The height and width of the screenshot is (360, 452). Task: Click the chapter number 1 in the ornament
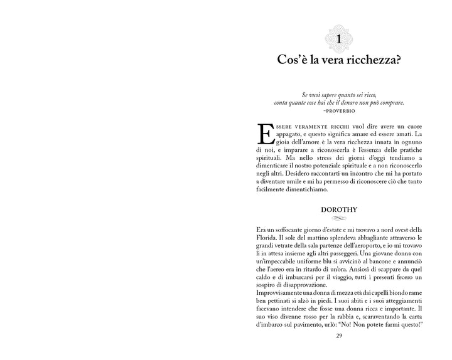[338, 40]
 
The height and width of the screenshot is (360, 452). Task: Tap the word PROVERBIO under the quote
[339, 109]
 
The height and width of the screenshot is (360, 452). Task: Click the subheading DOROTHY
[338, 209]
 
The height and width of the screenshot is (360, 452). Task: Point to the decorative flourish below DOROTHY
[338, 218]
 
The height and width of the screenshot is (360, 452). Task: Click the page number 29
[338, 336]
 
